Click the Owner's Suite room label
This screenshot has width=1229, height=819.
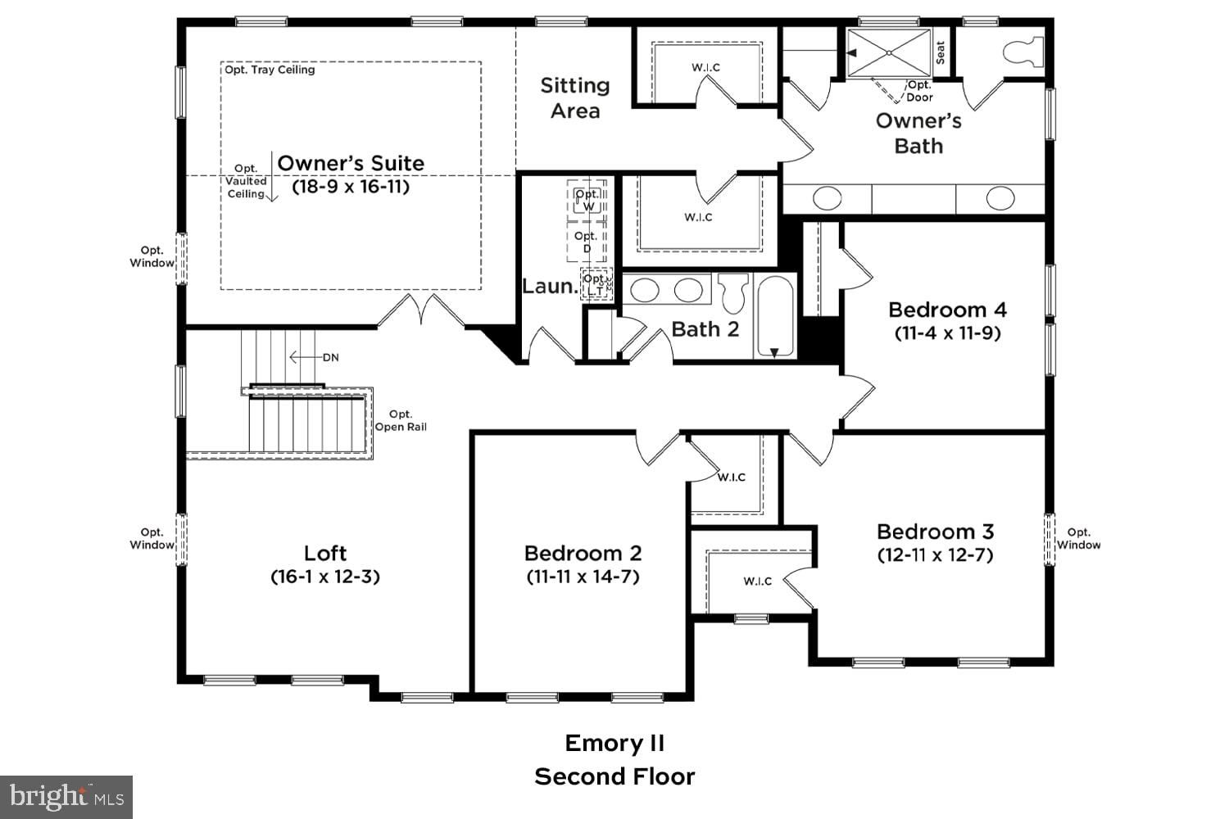click(351, 163)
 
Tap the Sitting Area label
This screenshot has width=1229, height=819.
click(574, 97)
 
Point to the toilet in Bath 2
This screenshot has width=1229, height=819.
click(734, 292)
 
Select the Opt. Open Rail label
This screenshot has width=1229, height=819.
click(401, 420)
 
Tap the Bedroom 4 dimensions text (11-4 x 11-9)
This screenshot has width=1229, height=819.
click(947, 333)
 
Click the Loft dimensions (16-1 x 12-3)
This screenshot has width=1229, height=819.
click(325, 577)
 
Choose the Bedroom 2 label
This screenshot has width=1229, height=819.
click(583, 553)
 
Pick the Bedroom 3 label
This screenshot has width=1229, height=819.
click(935, 531)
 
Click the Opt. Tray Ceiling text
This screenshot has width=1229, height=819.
click(270, 70)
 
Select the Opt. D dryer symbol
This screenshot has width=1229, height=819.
click(586, 242)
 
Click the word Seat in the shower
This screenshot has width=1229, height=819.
click(941, 52)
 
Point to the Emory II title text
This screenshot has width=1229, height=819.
click(614, 743)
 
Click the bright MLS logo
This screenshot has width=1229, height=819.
click(66, 796)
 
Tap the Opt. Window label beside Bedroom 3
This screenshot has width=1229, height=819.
click(1078, 538)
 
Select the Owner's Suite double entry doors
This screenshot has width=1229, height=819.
click(421, 311)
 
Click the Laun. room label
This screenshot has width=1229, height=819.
click(549, 286)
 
